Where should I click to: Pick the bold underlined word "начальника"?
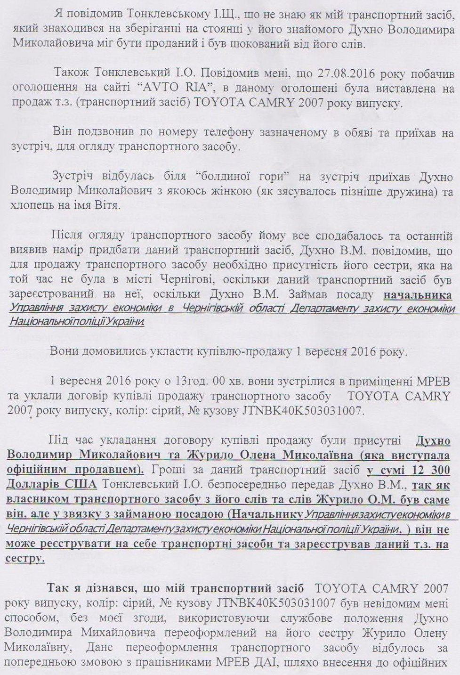[x=417, y=295]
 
